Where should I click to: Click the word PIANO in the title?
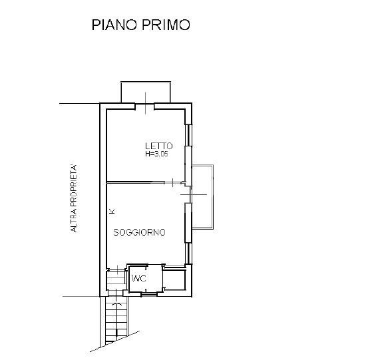click(114, 25)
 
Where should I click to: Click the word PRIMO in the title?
click(166, 25)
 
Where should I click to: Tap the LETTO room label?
click(158, 146)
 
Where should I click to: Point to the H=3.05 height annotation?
click(156, 154)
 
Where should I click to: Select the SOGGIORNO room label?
click(139, 232)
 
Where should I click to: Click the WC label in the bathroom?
click(139, 278)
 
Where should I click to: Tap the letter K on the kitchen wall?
click(112, 211)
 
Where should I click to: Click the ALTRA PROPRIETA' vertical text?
click(74, 198)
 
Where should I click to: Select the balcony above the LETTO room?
click(146, 92)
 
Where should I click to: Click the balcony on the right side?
click(203, 197)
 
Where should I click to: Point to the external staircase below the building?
click(116, 319)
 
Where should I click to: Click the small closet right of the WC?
click(174, 279)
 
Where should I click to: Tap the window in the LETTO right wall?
click(188, 134)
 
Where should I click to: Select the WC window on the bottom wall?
click(149, 294)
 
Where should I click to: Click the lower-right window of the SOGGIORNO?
click(188, 253)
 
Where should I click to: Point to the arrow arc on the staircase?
click(116, 304)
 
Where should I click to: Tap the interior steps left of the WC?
click(116, 279)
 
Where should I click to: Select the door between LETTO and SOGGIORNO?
click(173, 182)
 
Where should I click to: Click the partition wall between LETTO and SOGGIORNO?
click(136, 182)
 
